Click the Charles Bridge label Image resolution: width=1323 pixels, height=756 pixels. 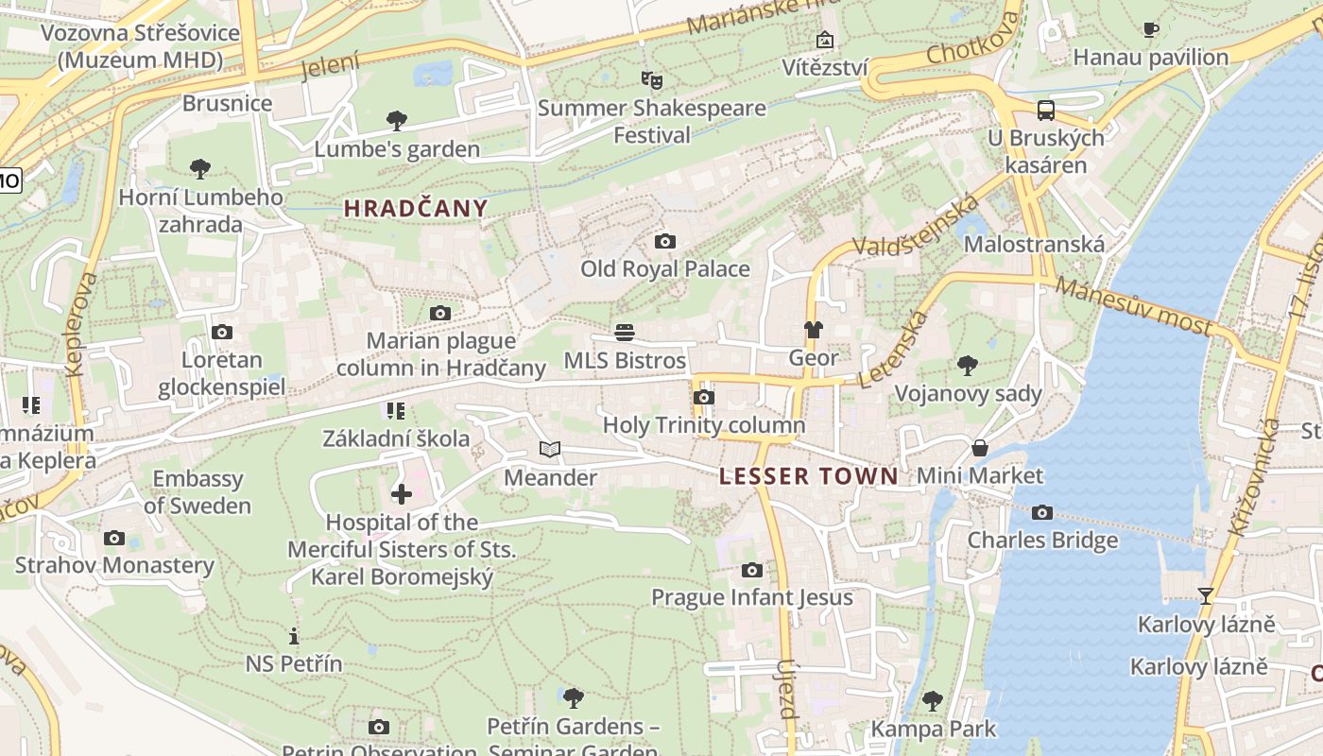coord(1042,541)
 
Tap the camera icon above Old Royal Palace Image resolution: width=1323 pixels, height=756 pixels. coord(665,242)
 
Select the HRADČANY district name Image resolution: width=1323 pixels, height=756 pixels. coord(416,209)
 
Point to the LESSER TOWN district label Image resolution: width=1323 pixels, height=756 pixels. coord(808,476)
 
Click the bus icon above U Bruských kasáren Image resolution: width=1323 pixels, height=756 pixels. coord(1046,111)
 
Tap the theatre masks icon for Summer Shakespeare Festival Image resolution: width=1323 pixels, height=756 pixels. coord(649,80)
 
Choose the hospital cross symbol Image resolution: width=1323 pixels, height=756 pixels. coord(402,493)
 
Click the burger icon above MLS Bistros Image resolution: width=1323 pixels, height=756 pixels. coord(624,333)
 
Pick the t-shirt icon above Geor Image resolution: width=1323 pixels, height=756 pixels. coord(813,330)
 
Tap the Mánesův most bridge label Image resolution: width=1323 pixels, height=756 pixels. coord(1133,305)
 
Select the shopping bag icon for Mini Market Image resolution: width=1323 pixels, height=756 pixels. coord(980,448)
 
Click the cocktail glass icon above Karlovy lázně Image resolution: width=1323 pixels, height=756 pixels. coord(1206,596)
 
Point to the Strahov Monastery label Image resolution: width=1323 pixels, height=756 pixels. coord(114,566)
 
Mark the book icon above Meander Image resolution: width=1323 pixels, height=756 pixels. coord(550,450)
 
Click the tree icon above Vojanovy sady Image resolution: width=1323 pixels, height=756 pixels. coord(967,365)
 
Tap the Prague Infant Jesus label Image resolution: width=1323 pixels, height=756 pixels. coord(752,597)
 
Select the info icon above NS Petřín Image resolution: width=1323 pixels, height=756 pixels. coord(294,636)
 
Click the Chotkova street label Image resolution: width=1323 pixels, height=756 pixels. coord(973,39)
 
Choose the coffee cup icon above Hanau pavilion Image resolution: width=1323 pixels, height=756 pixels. coord(1151,30)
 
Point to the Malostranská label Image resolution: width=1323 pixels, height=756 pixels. coord(1034,245)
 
